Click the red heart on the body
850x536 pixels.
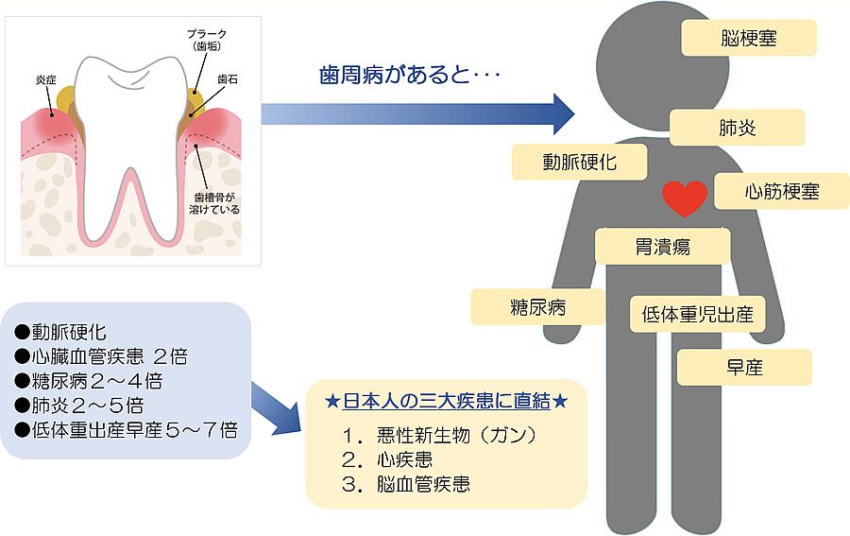point(685,197)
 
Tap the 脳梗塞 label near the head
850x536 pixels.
point(748,40)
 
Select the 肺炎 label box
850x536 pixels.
point(737,128)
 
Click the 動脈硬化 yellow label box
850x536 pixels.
point(579,162)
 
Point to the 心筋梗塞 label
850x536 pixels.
point(781,192)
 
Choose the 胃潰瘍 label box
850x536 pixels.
point(662,247)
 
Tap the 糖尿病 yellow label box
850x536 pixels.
point(537,307)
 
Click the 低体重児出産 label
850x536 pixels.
point(697,315)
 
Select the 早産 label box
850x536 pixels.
point(744,367)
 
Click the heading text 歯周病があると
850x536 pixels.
point(407,74)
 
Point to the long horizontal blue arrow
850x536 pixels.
point(416,114)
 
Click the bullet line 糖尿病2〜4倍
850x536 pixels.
point(90,381)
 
